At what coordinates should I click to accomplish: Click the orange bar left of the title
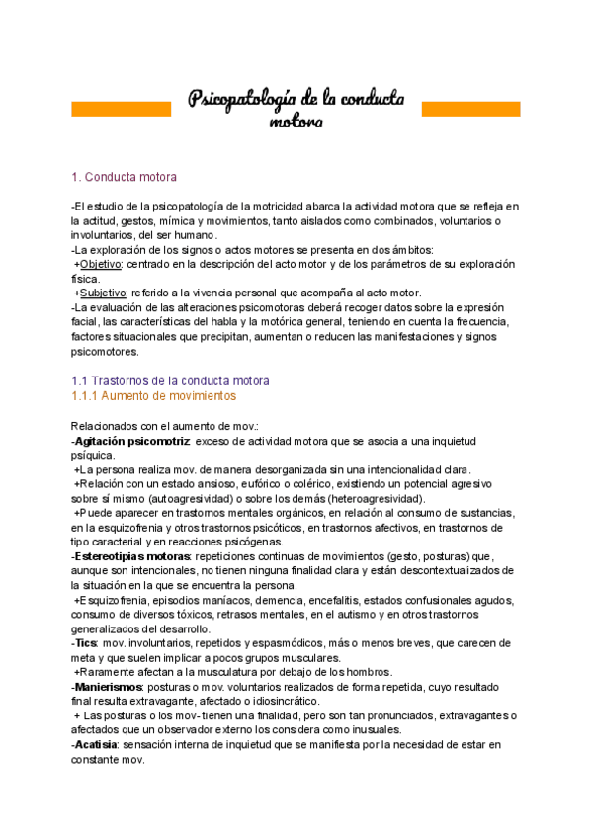122,108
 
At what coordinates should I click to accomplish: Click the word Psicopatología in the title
242,99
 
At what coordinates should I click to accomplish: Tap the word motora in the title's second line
296,123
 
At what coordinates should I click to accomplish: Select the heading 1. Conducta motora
124,177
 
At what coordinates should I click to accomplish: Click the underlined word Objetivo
100,264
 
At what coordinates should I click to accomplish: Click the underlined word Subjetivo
103,293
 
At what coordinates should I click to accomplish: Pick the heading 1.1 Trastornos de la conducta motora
170,380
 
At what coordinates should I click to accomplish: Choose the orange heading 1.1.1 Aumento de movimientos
153,395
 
